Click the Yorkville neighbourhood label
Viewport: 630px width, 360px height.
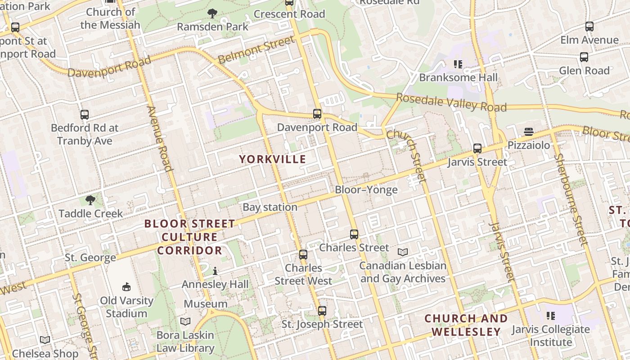click(272, 159)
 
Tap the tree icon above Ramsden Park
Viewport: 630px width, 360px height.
click(212, 14)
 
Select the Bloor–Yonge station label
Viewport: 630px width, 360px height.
click(366, 190)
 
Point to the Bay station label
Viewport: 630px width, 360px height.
click(270, 207)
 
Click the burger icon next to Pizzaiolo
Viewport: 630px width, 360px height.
click(529, 132)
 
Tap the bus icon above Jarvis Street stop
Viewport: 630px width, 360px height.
click(477, 148)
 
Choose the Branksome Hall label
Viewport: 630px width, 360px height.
click(459, 77)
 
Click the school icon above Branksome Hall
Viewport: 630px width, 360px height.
click(458, 64)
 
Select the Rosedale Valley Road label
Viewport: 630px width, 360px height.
click(451, 103)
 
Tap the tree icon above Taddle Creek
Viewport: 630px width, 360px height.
click(90, 200)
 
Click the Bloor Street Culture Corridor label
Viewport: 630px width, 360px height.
click(189, 237)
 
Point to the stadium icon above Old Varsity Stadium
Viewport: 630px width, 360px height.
click(126, 287)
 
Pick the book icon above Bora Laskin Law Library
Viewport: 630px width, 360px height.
click(185, 321)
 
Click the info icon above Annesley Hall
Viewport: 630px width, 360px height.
click(215, 271)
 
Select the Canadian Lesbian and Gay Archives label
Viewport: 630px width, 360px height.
click(403, 272)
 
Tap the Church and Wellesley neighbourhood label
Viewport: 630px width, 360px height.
click(466, 325)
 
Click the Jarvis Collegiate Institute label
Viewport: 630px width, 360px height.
click(550, 336)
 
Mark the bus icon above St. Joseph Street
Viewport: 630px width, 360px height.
click(322, 310)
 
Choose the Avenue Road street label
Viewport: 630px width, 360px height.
click(160, 139)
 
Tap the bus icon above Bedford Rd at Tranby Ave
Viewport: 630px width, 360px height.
click(85, 115)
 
